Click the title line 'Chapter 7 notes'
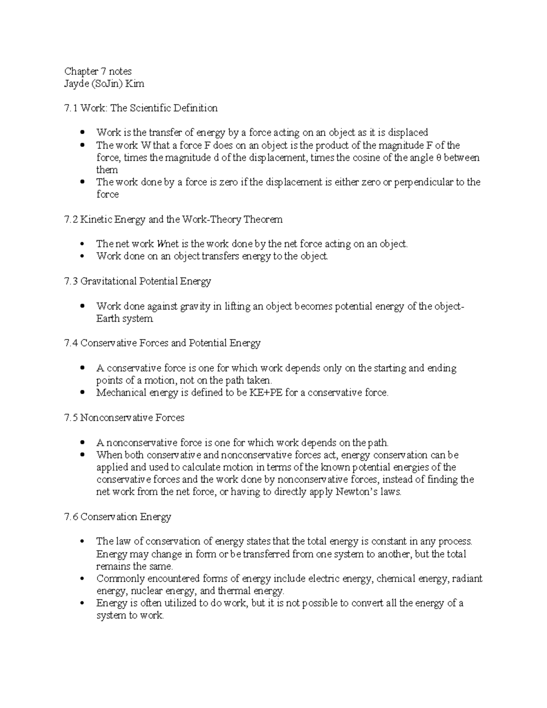click(x=98, y=71)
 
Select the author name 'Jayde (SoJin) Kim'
click(x=104, y=83)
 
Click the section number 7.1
click(x=71, y=108)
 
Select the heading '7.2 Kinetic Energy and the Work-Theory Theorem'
click(x=174, y=219)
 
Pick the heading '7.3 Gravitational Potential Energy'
click(x=138, y=281)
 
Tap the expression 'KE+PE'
click(x=265, y=393)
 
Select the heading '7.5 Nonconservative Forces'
click(x=124, y=418)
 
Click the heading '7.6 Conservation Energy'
click(x=118, y=517)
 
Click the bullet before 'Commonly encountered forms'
click(x=82, y=579)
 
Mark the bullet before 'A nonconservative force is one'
click(x=82, y=443)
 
